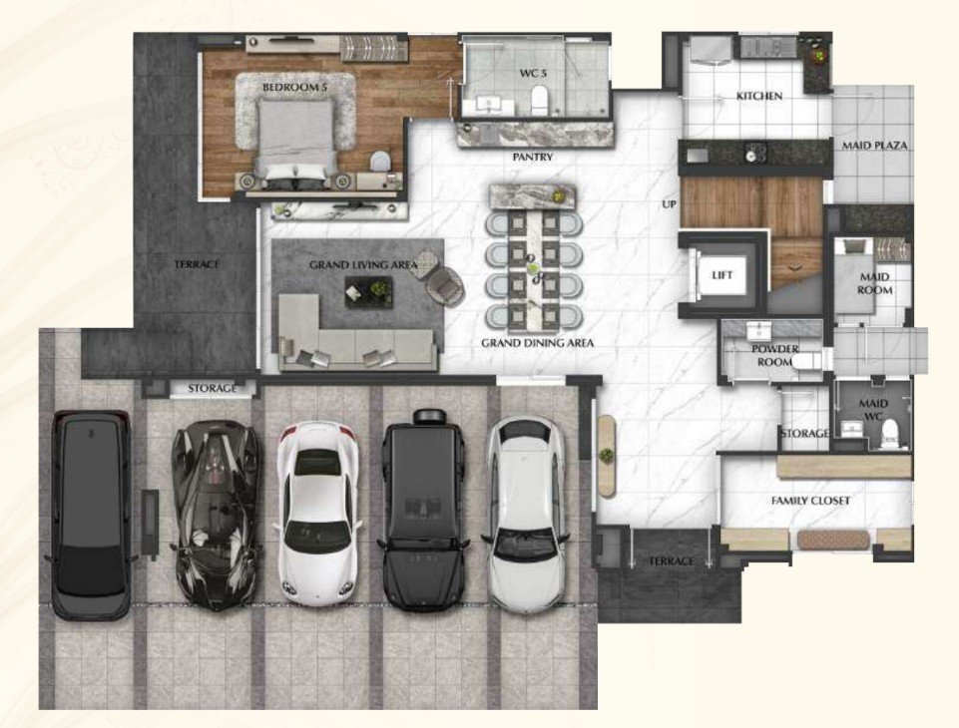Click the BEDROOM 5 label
coord(294,88)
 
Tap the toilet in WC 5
coord(539,101)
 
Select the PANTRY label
coord(533,158)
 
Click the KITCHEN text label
coord(759,96)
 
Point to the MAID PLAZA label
coord(874,146)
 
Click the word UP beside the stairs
coord(669,204)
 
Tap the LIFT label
coord(721,275)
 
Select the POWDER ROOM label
coord(775,355)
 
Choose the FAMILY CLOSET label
coord(810,501)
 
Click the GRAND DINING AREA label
coord(537,343)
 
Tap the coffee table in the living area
coord(368,291)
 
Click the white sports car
coord(317,514)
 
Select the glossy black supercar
coord(216,515)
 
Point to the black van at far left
coord(91,515)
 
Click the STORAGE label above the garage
coord(213,388)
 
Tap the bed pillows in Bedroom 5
coord(295,172)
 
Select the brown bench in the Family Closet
coord(833,541)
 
